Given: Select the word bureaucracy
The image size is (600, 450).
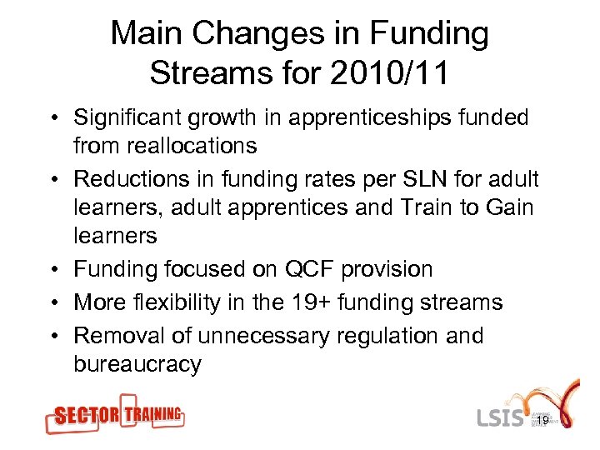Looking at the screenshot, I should [x=137, y=364].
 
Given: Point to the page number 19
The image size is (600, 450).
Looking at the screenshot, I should [x=542, y=421].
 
